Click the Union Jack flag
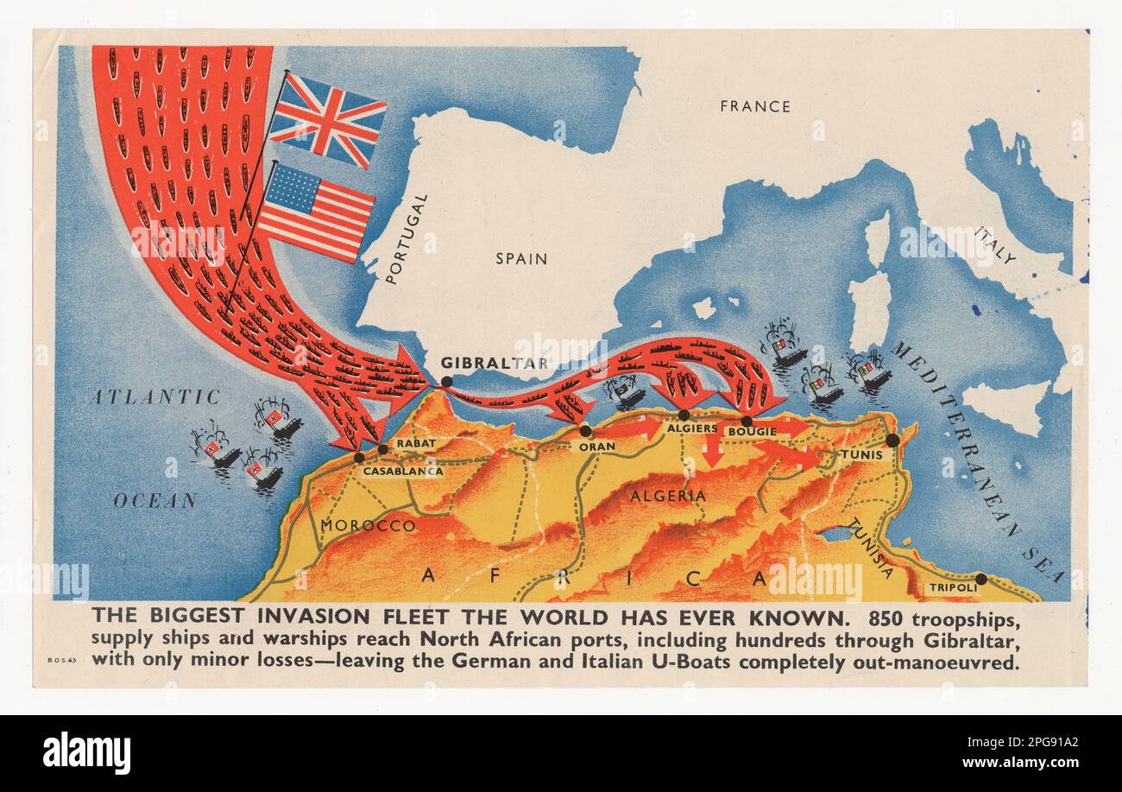pos(327,119)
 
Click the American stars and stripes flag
pos(316,212)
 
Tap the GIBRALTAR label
pos(495,363)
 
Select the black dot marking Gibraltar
pos(446,382)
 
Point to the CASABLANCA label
pos(402,472)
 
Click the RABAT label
pos(416,443)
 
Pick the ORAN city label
pos(597,447)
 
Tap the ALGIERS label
pos(692,428)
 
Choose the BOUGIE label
pos(752,431)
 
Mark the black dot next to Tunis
pos(892,440)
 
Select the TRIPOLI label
pos(953,588)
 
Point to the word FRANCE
pos(754,106)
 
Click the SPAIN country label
pos(521,258)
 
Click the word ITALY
pos(994,244)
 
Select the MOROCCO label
pos(368,525)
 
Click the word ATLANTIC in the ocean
pos(155,396)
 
